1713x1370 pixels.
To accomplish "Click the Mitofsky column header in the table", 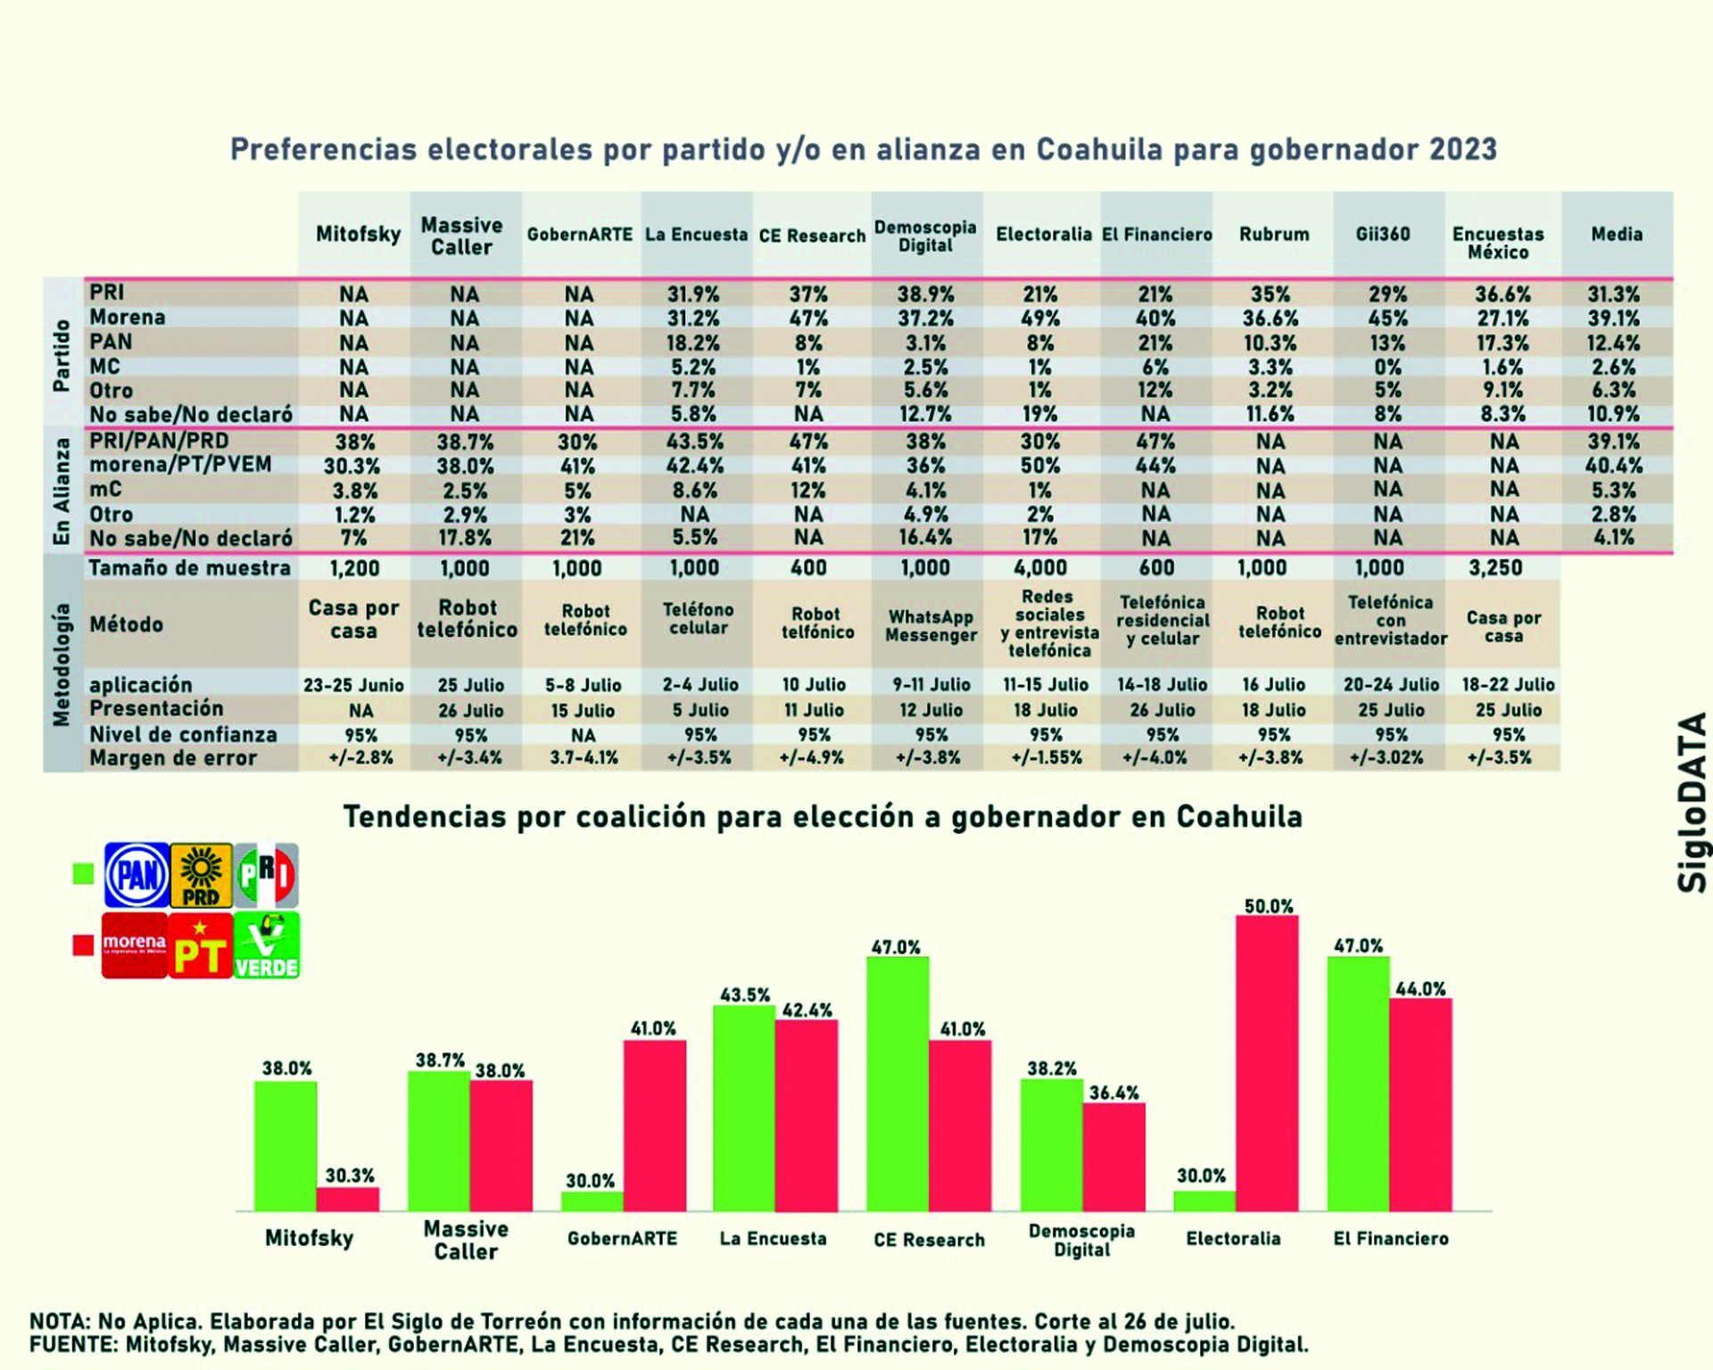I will click(358, 235).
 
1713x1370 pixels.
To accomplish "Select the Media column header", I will click(1617, 235).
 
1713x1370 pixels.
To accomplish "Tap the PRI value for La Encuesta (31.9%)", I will click(693, 294).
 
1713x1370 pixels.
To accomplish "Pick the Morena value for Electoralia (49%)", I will click(1040, 318).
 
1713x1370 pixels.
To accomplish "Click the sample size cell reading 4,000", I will click(1040, 568).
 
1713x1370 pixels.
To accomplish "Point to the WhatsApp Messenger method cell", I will click(931, 626).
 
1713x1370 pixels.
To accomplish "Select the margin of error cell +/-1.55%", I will click(1046, 758).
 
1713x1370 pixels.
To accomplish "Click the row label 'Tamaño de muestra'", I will click(189, 568).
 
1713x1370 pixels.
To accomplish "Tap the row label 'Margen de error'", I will click(173, 758).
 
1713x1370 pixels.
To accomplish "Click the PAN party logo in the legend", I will click(137, 875).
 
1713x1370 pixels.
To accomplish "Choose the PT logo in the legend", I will click(200, 946).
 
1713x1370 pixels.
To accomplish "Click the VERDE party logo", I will click(266, 946).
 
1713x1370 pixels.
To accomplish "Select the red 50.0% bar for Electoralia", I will click(1267, 1061).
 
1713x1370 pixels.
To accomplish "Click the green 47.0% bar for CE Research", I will click(897, 1084).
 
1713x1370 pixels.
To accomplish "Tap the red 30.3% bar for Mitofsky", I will click(348, 1199).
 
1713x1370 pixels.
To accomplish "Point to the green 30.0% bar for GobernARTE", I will click(592, 1201).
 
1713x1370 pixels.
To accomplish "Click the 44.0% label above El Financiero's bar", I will click(1420, 988).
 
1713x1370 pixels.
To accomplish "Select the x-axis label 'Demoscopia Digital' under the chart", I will click(1081, 1240).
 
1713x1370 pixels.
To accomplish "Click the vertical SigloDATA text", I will click(1692, 803).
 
